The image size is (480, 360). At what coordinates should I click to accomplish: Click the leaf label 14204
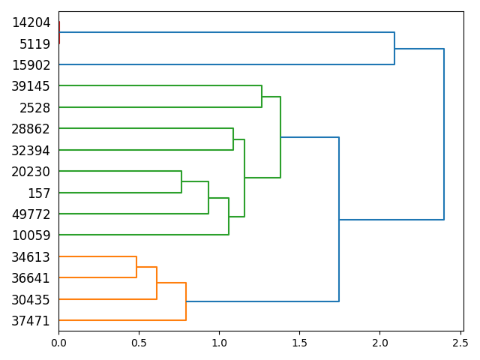pyautogui.click(x=31, y=22)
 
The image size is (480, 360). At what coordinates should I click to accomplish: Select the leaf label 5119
pyautogui.click(x=34, y=43)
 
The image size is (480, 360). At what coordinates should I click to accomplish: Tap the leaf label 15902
pyautogui.click(x=31, y=65)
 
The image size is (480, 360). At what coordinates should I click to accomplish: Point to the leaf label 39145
pyautogui.click(x=31, y=86)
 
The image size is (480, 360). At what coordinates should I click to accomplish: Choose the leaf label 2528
pyautogui.click(x=34, y=108)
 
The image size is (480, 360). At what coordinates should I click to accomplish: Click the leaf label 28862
pyautogui.click(x=31, y=129)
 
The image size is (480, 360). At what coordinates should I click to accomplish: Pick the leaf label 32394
pyautogui.click(x=31, y=151)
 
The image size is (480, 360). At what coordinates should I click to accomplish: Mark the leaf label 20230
pyautogui.click(x=31, y=172)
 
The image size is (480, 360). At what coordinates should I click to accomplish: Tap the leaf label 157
pyautogui.click(x=38, y=193)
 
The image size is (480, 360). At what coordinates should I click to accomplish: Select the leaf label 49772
pyautogui.click(x=31, y=214)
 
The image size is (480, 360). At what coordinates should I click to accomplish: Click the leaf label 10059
pyautogui.click(x=31, y=235)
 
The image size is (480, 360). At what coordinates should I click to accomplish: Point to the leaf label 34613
pyautogui.click(x=31, y=257)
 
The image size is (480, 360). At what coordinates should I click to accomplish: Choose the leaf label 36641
pyautogui.click(x=31, y=278)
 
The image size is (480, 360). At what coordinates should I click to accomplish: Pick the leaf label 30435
pyautogui.click(x=31, y=300)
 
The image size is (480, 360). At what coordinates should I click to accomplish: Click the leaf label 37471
pyautogui.click(x=31, y=321)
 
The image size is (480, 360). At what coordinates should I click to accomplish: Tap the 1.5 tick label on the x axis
pyautogui.click(x=299, y=343)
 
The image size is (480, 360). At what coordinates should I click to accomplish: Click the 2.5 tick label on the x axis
pyautogui.click(x=460, y=343)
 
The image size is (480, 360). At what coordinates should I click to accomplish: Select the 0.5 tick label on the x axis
pyautogui.click(x=139, y=343)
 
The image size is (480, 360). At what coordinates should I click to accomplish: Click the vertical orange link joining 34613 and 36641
pyautogui.click(x=136, y=267)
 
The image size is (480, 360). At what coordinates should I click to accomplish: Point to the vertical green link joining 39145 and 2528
pyautogui.click(x=262, y=97)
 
